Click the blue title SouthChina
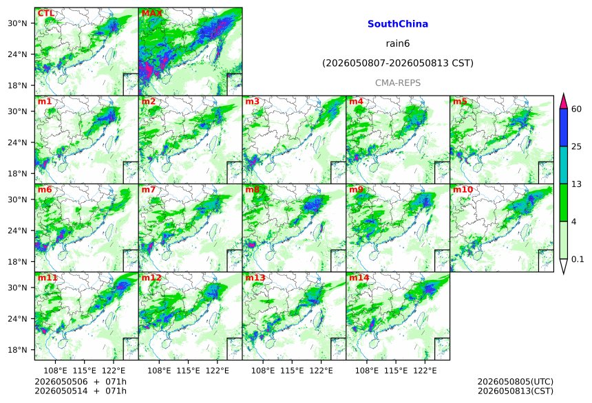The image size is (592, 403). [398, 24]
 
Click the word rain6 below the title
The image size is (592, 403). [398, 43]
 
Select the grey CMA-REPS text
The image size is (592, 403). [398, 83]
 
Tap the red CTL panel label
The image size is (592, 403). [46, 13]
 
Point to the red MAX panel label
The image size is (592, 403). [151, 13]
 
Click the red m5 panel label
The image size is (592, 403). [460, 102]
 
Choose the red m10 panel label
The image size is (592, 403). [463, 189]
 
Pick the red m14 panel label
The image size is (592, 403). [359, 278]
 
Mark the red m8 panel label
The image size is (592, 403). [253, 189]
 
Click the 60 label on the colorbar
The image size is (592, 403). [577, 109]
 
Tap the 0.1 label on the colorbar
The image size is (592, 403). [578, 259]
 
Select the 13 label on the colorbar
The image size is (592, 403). [577, 184]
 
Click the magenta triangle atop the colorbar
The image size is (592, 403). [564, 101]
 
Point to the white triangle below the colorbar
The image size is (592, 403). [564, 266]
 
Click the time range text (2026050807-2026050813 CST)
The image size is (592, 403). [398, 63]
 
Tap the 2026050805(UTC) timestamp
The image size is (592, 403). [516, 382]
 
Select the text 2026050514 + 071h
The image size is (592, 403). [81, 391]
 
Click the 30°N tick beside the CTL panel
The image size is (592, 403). [17, 23]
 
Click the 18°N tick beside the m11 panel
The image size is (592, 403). [17, 350]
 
